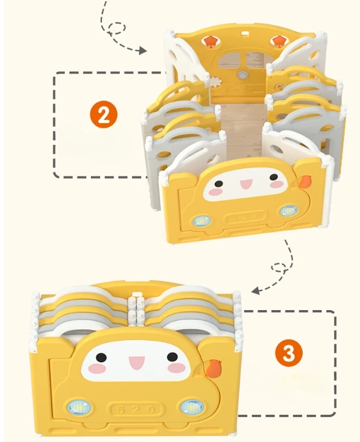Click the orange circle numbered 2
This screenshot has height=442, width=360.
(x=104, y=115)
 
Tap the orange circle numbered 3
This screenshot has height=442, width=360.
(x=288, y=353)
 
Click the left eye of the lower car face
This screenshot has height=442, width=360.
(x=101, y=358)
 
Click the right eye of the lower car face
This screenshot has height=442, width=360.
(x=172, y=357)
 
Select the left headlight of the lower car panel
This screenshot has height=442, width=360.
(x=79, y=407)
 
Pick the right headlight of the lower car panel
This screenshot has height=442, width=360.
(x=192, y=407)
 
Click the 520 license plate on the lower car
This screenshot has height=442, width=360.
(x=135, y=409)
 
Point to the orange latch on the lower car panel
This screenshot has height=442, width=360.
(x=215, y=369)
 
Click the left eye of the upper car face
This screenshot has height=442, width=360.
(x=218, y=184)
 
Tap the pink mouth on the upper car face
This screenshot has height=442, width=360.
(x=245, y=184)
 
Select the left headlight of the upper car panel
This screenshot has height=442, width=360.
(x=202, y=221)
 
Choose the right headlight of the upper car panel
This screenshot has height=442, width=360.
(x=289, y=211)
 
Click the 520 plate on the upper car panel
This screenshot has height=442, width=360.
(x=245, y=218)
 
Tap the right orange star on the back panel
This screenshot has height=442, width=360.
(x=278, y=40)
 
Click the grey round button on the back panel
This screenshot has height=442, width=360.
(x=241, y=75)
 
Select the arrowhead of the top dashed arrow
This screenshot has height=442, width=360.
(x=142, y=51)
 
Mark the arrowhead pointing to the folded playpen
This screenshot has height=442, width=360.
(x=255, y=290)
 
